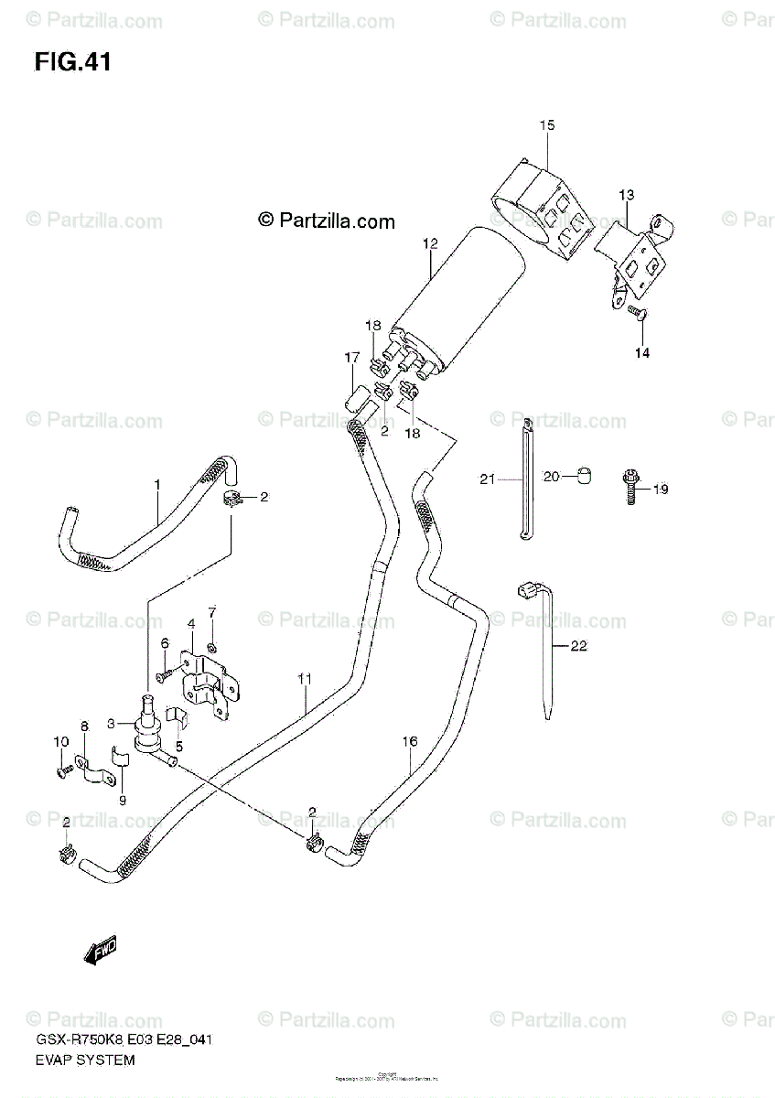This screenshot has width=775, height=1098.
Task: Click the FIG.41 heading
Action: click(73, 62)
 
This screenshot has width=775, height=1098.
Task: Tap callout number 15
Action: click(546, 125)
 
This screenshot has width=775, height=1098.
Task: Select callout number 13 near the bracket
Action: click(626, 195)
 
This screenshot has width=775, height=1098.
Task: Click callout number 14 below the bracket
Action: click(642, 353)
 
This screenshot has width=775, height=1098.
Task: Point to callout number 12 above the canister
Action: click(430, 243)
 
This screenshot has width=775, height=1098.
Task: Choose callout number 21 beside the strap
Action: click(486, 478)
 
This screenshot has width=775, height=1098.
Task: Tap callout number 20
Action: click(551, 476)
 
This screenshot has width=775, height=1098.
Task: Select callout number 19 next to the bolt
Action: click(661, 490)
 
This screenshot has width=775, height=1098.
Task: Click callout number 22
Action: click(578, 646)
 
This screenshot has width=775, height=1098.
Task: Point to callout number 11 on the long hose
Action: click(305, 678)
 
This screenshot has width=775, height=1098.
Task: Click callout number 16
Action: click(409, 742)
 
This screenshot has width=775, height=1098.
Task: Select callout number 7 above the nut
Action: click(211, 611)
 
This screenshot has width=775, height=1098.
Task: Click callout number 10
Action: click(60, 741)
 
